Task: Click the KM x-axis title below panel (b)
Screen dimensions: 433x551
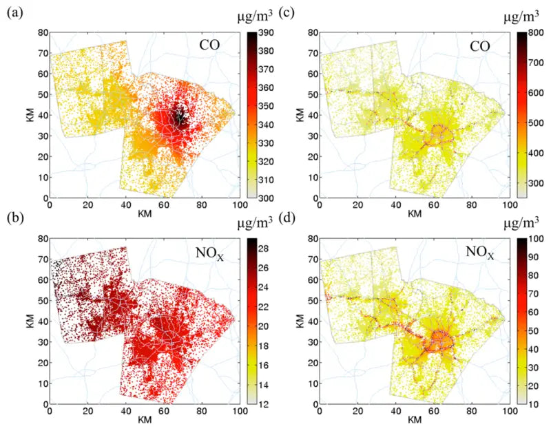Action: tap(145, 419)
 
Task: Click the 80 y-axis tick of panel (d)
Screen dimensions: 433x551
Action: tap(311, 238)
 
